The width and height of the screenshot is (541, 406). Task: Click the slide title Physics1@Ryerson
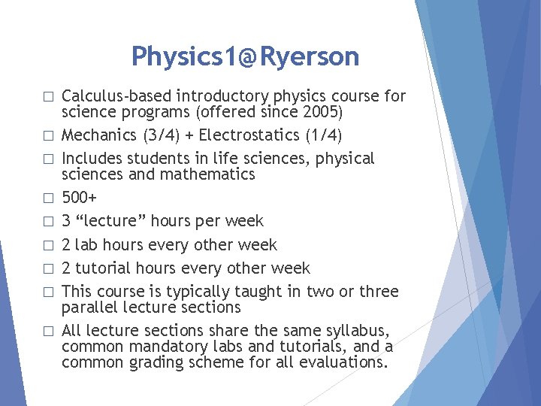click(245, 56)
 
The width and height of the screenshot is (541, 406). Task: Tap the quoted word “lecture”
click(113, 221)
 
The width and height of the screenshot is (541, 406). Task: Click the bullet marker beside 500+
click(48, 198)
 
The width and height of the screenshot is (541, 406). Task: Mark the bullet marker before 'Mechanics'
click(48, 136)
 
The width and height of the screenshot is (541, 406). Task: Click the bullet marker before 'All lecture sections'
click(48, 332)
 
